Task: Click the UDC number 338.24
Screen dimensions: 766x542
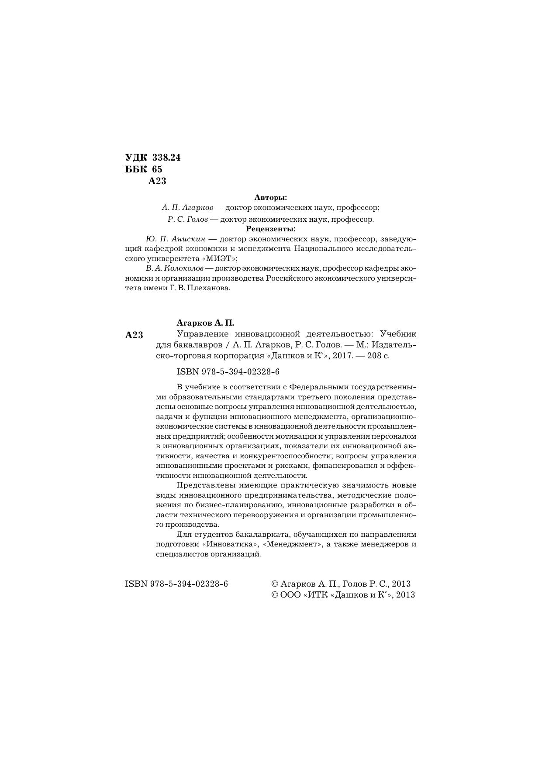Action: click(166, 158)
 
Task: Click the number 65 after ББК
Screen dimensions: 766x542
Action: click(157, 169)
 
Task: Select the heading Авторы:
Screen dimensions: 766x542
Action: click(271, 197)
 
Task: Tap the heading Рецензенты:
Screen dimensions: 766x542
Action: click(271, 229)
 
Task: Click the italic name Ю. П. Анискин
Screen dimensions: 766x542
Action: click(176, 239)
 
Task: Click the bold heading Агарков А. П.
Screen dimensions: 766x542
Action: click(205, 323)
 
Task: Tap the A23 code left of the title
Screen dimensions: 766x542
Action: click(134, 335)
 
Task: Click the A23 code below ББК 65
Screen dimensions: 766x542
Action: click(157, 181)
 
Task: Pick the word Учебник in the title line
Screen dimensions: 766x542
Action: click(398, 334)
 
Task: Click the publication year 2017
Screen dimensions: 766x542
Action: click(342, 355)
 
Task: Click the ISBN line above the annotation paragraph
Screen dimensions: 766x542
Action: click(228, 372)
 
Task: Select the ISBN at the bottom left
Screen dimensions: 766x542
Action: click(176, 584)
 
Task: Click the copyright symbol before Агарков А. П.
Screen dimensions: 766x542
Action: click(275, 584)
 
